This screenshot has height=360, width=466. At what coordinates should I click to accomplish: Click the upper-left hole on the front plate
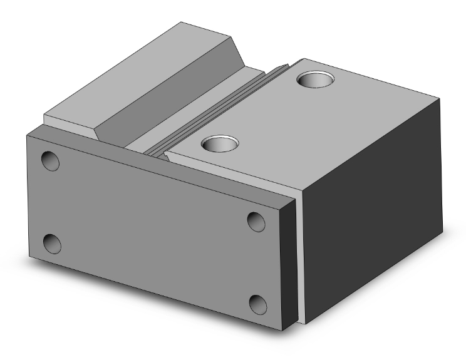click(50, 161)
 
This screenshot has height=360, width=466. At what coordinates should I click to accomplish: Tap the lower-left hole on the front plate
click(51, 244)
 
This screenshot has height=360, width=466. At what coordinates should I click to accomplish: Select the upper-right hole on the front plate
click(256, 221)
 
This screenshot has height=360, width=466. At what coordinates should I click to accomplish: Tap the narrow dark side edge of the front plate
click(287, 263)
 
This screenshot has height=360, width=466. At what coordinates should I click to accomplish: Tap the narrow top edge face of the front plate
click(157, 163)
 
